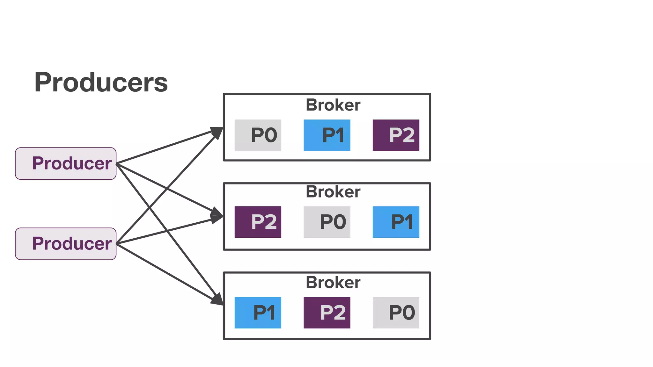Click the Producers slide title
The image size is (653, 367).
click(x=101, y=83)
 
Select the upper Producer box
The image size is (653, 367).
click(x=66, y=163)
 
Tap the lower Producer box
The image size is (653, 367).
click(x=66, y=244)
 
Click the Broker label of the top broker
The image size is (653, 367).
click(x=333, y=105)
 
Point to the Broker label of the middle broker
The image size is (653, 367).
click(x=333, y=192)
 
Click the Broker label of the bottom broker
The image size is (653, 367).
click(x=333, y=283)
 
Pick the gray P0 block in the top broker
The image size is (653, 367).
click(x=258, y=135)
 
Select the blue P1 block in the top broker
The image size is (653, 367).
click(x=327, y=135)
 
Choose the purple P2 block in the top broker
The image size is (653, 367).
click(x=396, y=135)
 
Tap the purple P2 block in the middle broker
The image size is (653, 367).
click(x=258, y=222)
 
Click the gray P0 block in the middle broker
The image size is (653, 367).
click(x=327, y=222)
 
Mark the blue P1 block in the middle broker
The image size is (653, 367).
click(x=396, y=222)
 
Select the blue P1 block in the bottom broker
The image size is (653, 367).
click(x=258, y=313)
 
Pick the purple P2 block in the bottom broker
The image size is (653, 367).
click(x=327, y=313)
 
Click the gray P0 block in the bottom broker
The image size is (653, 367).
click(x=396, y=313)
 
